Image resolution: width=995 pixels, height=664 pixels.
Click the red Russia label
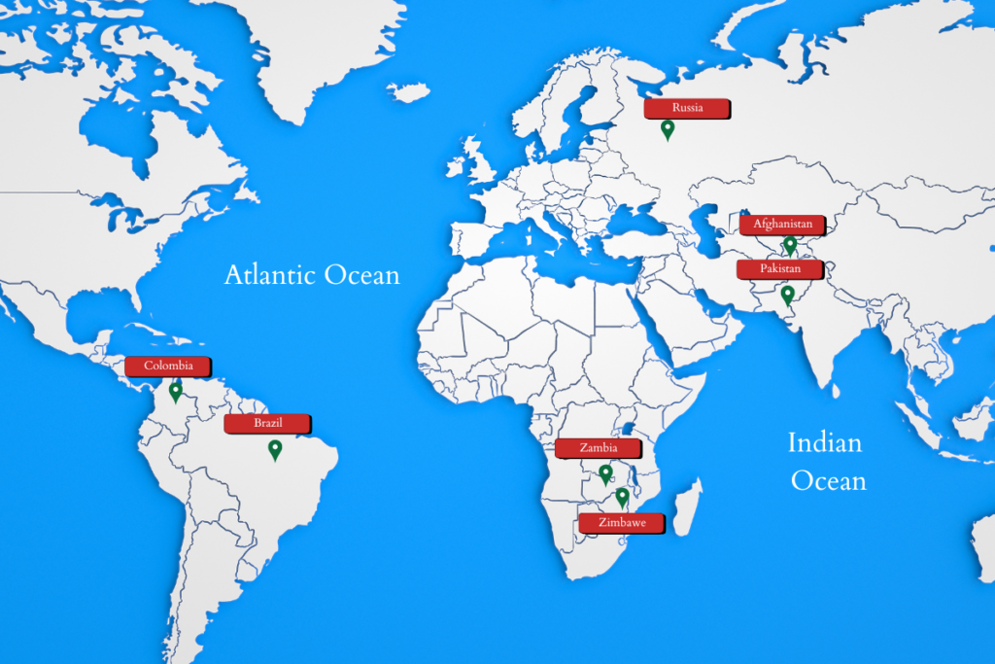click(687, 108)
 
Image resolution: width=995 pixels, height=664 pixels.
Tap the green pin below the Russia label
click(668, 129)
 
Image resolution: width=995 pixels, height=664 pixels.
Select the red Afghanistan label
click(782, 224)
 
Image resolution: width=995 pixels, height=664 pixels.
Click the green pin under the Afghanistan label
click(790, 244)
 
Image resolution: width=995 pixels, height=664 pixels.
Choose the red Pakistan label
click(780, 267)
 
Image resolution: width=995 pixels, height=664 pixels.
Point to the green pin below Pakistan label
click(787, 295)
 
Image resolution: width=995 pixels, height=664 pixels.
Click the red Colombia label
click(168, 367)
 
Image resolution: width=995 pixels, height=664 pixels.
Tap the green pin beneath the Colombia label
click(175, 392)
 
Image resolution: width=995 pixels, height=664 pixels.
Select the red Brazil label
click(267, 423)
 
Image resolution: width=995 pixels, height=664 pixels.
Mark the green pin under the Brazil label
click(275, 449)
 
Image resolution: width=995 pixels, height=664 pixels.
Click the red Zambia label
click(599, 448)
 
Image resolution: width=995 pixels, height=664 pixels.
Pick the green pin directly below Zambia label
click(605, 474)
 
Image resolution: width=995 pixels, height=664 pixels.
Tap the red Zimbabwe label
click(622, 522)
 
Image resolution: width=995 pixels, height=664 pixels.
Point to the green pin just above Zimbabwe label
click(622, 498)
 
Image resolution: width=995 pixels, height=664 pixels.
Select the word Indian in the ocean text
click(824, 444)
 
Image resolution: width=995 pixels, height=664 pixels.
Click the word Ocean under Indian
click(828, 480)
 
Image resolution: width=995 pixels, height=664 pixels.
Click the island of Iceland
click(407, 92)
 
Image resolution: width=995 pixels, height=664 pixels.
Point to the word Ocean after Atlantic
click(361, 275)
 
